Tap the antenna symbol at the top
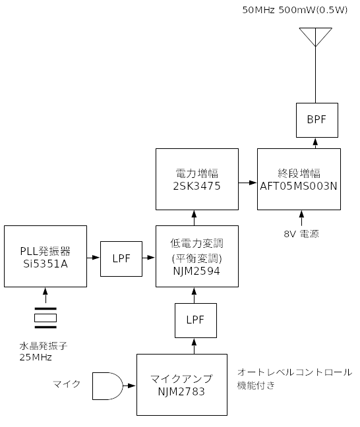(x=316, y=38)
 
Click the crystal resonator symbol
(x=45, y=318)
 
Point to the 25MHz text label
(x=36, y=357)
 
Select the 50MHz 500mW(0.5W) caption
(x=295, y=10)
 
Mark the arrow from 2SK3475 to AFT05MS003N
(x=248, y=183)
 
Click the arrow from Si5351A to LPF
(x=94, y=258)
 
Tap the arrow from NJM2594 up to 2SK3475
(x=194, y=218)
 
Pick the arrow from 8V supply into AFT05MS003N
(x=301, y=218)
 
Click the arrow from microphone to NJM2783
(x=129, y=385)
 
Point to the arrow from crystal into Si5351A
(x=45, y=295)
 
